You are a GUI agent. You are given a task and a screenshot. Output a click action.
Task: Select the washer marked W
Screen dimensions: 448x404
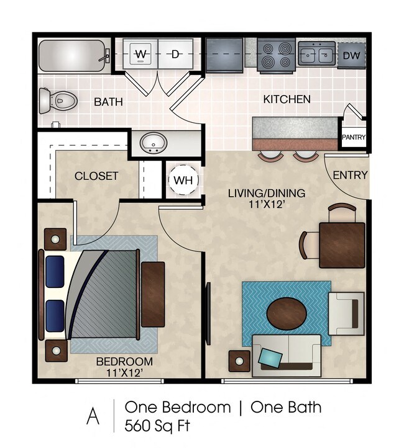(141, 55)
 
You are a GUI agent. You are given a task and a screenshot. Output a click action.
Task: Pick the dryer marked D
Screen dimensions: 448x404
(176, 55)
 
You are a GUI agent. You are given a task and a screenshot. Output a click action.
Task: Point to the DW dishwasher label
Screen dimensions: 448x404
(351, 56)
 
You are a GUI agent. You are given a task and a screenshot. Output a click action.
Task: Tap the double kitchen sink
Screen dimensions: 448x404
(316, 54)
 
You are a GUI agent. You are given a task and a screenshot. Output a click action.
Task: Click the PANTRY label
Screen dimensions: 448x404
(354, 138)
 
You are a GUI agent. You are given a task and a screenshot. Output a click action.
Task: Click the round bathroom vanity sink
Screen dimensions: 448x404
(152, 143)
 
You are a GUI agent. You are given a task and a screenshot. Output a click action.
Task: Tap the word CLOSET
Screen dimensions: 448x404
(96, 176)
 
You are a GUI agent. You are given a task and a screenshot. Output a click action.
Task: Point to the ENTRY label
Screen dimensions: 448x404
(350, 176)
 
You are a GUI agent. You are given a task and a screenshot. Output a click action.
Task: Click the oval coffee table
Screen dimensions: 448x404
(288, 313)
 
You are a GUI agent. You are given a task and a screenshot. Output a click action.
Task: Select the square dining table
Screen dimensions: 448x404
(341, 244)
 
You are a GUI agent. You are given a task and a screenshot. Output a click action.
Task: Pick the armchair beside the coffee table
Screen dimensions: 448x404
(346, 313)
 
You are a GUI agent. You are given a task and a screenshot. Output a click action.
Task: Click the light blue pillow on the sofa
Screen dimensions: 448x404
(270, 357)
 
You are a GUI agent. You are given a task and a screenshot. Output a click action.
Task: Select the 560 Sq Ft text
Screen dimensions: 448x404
(157, 426)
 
